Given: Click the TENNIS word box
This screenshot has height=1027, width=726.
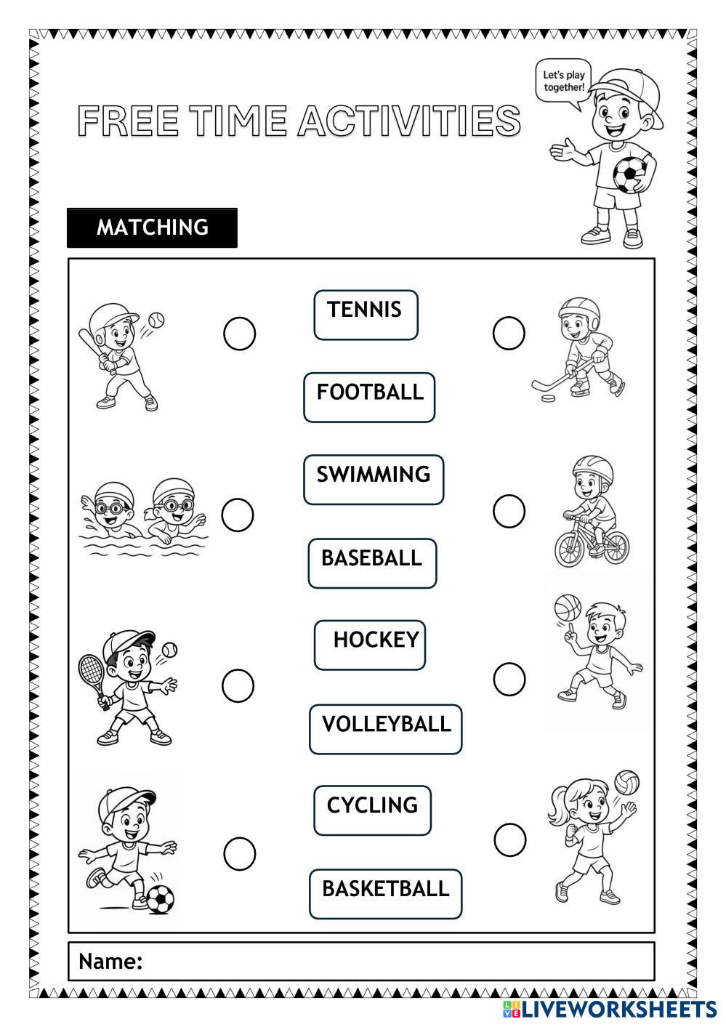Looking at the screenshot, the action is (366, 315).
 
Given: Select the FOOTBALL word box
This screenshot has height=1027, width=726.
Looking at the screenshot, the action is (369, 398).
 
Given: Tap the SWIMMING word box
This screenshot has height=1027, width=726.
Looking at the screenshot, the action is (374, 480).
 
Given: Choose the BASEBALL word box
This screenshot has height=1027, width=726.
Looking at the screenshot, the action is (372, 563).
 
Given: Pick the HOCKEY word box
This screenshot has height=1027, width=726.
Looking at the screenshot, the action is (369, 645).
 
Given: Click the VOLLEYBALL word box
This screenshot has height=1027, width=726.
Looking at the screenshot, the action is (385, 730).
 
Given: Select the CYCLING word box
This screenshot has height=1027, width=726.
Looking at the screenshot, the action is (372, 810).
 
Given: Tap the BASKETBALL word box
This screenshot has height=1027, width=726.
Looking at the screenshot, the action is (385, 894).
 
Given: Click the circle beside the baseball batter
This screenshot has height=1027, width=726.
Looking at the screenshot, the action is (239, 334).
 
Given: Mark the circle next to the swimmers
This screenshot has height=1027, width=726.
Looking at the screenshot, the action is (238, 515).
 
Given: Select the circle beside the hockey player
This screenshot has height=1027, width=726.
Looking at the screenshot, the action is (509, 332).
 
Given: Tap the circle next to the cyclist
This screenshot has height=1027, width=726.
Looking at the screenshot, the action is (509, 511).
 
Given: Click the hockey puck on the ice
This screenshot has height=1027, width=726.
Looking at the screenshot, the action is (548, 398).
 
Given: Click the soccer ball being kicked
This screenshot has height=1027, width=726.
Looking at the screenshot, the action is (160, 899).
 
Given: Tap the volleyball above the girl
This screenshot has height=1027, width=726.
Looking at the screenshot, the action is (626, 783).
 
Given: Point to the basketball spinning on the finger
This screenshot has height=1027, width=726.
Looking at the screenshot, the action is (568, 608).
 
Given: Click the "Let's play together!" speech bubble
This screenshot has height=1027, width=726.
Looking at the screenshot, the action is (563, 81).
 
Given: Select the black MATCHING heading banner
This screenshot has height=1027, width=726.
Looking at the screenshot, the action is (152, 228).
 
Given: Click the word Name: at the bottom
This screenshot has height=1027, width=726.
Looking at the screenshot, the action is (110, 962).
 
